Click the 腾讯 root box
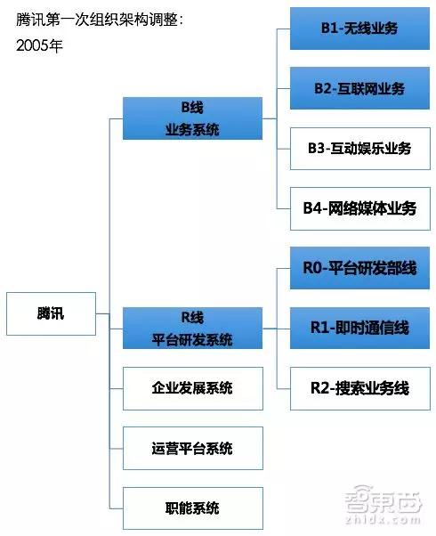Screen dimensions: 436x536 (51, 313)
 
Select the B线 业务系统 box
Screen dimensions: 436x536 (192, 118)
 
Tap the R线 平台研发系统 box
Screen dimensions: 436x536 (192, 329)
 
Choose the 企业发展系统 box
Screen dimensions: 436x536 (193, 388)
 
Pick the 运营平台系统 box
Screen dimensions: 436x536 (193, 448)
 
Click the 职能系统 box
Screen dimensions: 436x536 (193, 508)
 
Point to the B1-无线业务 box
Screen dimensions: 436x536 (359, 28)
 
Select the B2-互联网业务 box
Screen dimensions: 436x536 (359, 88)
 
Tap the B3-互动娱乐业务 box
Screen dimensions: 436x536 (360, 149)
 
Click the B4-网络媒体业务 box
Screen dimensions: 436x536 (360, 208)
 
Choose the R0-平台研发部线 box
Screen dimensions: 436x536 (359, 268)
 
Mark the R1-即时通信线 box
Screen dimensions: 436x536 (359, 329)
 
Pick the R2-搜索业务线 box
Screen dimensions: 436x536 (360, 388)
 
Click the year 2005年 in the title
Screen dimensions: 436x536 (39, 45)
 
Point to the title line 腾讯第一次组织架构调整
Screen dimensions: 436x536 (100, 20)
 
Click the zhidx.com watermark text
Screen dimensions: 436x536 (383, 520)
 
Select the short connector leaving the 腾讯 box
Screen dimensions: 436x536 (102, 313)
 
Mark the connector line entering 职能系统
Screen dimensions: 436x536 (117, 508)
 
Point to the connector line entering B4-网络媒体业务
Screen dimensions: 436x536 (284, 208)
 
